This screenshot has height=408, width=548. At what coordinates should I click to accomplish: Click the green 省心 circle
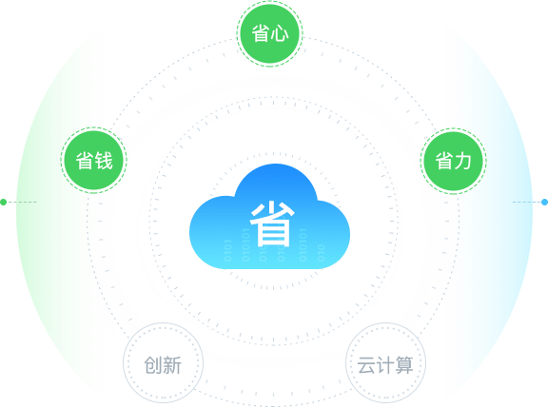[269, 34]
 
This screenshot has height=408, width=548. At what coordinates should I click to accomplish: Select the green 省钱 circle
[93, 160]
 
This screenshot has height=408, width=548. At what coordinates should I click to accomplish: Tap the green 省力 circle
[453, 161]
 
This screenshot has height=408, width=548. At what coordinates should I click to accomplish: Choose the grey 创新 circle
[163, 363]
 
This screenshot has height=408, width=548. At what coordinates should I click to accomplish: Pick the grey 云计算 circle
[385, 363]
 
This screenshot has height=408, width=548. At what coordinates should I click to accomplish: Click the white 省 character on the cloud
[272, 223]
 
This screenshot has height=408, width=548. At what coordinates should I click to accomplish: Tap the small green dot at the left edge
[4, 202]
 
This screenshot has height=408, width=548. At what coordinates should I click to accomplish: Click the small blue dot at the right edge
[544, 202]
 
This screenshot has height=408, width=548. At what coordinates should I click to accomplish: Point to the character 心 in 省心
[280, 34]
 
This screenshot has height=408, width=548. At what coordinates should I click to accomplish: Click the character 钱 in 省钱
[104, 161]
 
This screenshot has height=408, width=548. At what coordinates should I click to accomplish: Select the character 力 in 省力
[462, 162]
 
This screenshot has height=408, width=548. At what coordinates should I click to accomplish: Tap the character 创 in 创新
[153, 365]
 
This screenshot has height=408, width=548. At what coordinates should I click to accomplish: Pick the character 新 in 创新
[172, 365]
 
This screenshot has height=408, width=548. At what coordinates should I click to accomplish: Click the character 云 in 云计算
[366, 365]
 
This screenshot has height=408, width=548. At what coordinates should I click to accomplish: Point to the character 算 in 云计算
[404, 365]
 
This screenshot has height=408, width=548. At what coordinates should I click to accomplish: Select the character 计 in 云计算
[384, 365]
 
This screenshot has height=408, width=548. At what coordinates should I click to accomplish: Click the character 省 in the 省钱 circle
[85, 161]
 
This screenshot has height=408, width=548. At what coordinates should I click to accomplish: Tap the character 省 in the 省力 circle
[444, 162]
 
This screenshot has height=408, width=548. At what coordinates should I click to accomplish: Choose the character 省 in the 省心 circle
[261, 34]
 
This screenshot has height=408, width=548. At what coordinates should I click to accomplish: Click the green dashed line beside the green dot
[22, 202]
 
